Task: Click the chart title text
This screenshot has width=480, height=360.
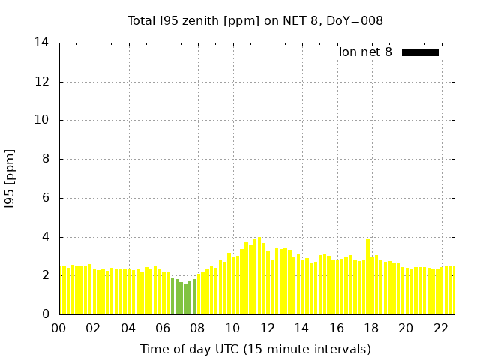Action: click(255, 20)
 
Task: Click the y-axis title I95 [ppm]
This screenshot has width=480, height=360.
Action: click(10, 179)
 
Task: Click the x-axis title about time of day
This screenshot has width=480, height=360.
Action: click(255, 349)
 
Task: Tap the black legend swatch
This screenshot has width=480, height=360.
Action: click(420, 52)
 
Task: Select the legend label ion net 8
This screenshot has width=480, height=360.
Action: click(365, 52)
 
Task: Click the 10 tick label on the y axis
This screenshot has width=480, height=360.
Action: click(42, 120)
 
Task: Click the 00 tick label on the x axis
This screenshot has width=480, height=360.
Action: click(59, 328)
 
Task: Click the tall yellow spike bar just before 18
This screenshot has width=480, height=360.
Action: click(367, 277)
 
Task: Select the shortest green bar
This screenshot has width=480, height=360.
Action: click(185, 299)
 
